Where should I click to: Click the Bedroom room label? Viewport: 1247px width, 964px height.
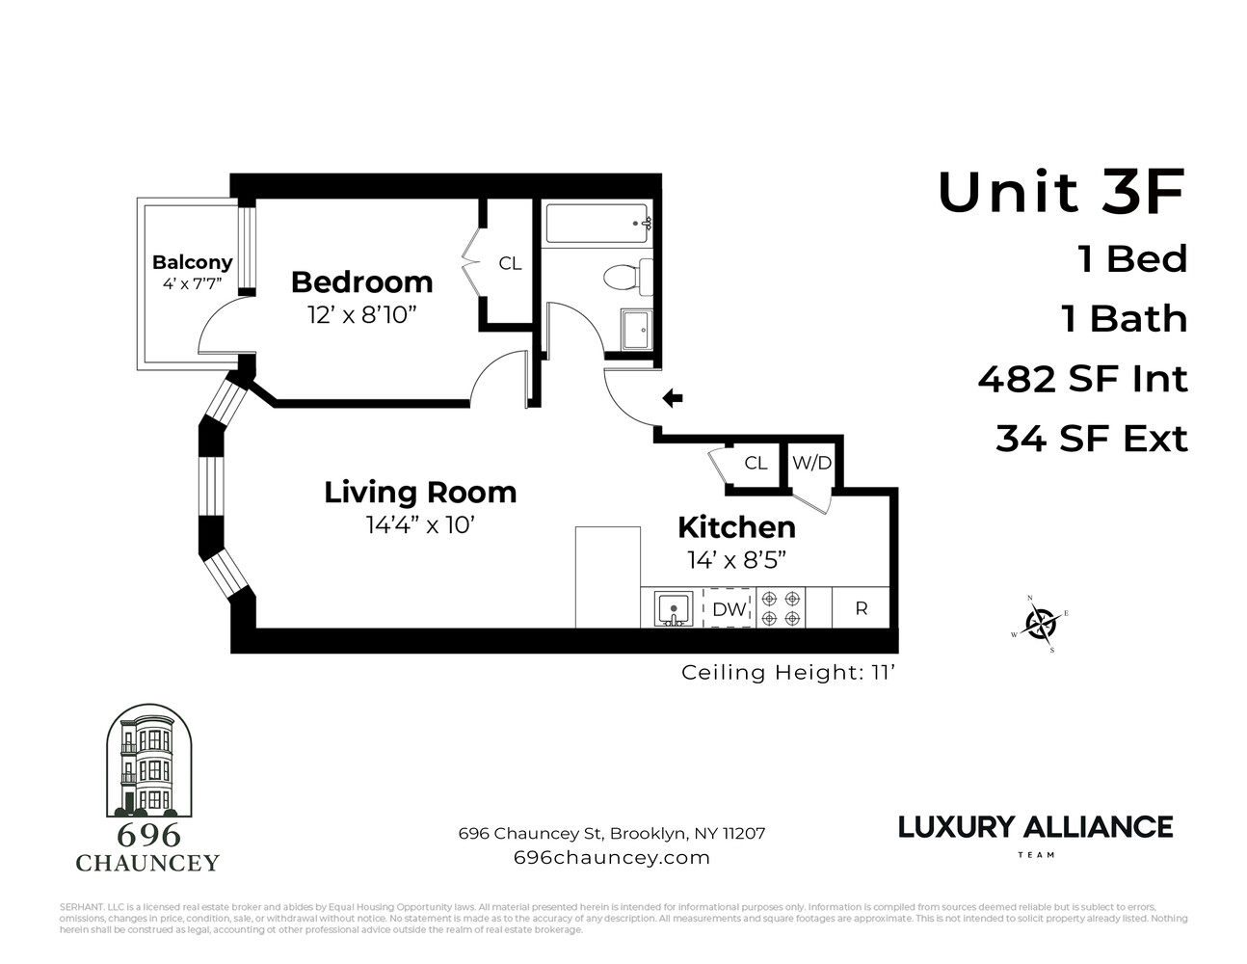click(361, 282)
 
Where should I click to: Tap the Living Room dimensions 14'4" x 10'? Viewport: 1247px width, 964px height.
click(420, 525)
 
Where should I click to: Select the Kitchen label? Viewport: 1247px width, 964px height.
click(736, 527)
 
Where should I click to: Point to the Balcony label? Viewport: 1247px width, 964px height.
click(192, 262)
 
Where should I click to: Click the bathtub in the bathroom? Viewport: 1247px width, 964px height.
click(597, 224)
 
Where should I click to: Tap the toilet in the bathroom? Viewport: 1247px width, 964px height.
click(627, 278)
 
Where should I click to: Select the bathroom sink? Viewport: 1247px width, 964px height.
click(636, 330)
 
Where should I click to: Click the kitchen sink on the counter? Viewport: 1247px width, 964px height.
click(673, 609)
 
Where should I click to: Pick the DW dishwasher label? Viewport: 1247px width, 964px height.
click(730, 609)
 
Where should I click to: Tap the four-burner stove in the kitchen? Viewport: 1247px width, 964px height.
click(781, 607)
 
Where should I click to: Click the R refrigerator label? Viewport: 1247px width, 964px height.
click(862, 608)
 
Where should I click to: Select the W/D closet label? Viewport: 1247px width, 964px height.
click(811, 463)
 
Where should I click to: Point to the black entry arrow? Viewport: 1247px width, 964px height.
click(673, 398)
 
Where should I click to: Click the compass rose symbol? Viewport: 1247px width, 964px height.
click(1040, 625)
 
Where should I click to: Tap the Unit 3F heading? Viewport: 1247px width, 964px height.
click(1061, 192)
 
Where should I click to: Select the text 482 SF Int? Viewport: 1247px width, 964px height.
click(1082, 379)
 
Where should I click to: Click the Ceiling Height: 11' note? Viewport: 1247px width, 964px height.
click(788, 672)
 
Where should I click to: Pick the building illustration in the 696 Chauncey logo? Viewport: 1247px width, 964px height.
click(146, 762)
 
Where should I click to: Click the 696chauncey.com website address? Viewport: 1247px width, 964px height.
click(612, 857)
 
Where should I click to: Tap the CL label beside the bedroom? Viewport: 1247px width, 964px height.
click(510, 263)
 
